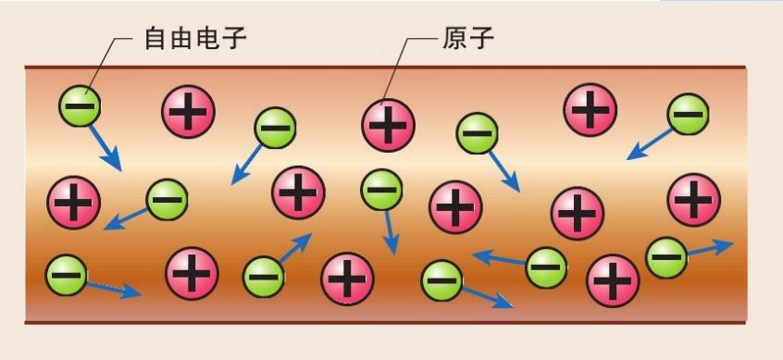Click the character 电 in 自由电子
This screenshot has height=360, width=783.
[x=212, y=39]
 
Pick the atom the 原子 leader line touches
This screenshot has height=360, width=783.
[x=388, y=123]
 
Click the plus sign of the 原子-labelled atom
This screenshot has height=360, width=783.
[x=388, y=123]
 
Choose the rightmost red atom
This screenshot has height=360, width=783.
[x=693, y=198]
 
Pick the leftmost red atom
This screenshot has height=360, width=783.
[x=73, y=201]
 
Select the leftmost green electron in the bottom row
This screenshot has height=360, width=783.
[x=65, y=273]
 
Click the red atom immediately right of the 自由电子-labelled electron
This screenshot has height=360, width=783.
[x=188, y=113]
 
